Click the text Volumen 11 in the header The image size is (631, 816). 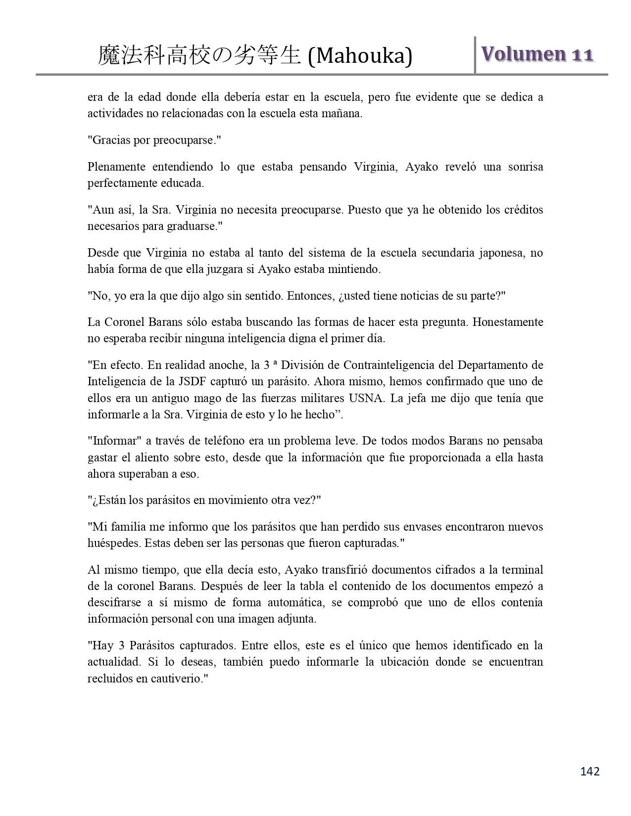coord(537,54)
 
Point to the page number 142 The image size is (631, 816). coord(589,771)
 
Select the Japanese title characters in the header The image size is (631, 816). coord(199,56)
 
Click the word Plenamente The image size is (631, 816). coord(116,167)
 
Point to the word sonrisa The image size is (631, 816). coord(525,167)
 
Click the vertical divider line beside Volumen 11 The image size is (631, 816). coord(475,55)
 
